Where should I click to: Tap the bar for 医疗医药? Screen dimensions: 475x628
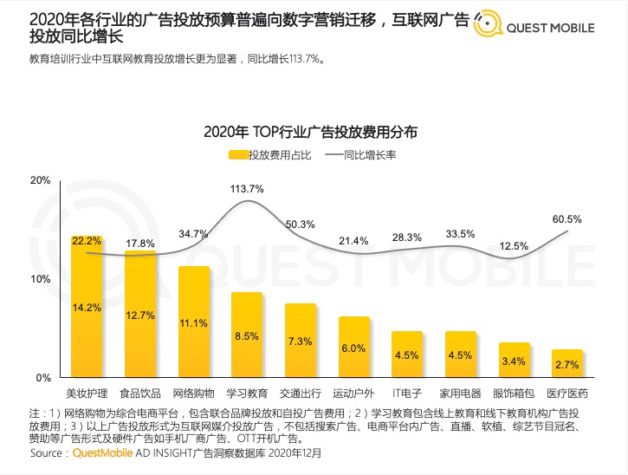(x=567, y=364)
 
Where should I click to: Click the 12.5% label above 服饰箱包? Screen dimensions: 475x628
(x=514, y=246)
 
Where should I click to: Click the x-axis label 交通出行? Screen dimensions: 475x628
(x=301, y=394)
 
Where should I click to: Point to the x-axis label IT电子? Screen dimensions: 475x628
(x=407, y=394)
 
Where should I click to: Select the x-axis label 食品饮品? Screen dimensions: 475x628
(x=140, y=394)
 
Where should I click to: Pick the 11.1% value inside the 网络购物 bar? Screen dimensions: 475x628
(x=194, y=322)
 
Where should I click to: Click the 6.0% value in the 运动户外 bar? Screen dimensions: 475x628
(x=353, y=348)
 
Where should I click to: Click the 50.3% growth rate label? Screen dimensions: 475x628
(x=301, y=224)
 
